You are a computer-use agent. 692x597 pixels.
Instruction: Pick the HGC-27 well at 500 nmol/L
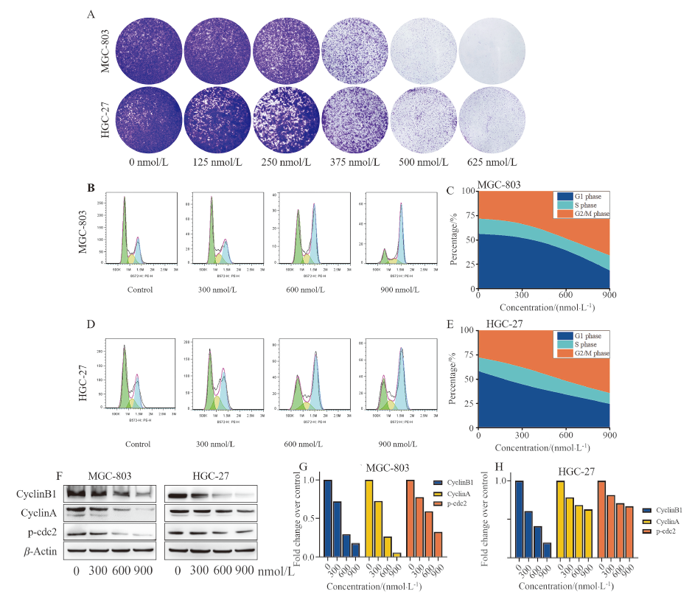(423, 117)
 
